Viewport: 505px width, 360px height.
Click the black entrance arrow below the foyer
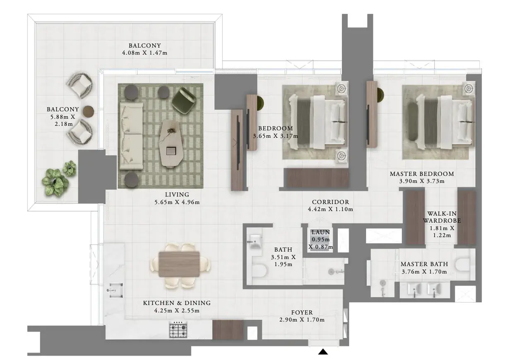pyautogui.click(x=323, y=352)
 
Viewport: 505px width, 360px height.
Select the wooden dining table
pyautogui.click(x=179, y=264)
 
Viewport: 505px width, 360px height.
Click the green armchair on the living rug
pyautogui.click(x=184, y=99)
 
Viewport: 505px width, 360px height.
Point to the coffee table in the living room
pyautogui.click(x=170, y=143)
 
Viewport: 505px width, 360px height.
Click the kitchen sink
pyautogui.click(x=115, y=290)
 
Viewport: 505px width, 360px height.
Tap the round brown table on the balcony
pyautogui.click(x=89, y=111)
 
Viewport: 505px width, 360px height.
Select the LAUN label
pyautogui.click(x=320, y=232)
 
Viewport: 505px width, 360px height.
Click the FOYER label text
pyautogui.click(x=302, y=312)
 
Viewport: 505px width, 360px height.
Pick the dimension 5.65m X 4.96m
pyautogui.click(x=177, y=202)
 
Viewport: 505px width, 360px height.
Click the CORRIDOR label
pyautogui.click(x=330, y=202)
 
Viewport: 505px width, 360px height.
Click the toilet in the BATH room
pyautogui.click(x=260, y=271)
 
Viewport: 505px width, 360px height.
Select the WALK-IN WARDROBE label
pyautogui.click(x=442, y=217)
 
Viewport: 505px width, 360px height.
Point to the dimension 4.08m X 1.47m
pyautogui.click(x=144, y=53)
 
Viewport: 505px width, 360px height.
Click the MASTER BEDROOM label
pyautogui.click(x=422, y=174)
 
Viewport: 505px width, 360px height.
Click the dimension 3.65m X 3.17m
pyautogui.click(x=275, y=136)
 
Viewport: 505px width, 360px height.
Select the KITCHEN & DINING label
pyautogui.click(x=177, y=303)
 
